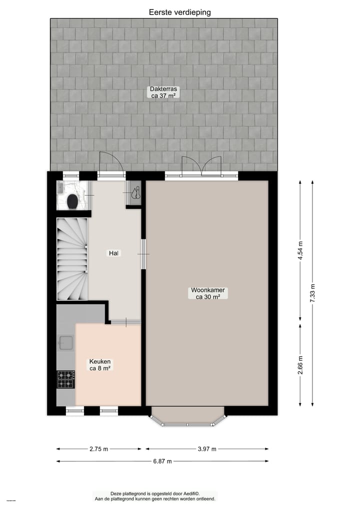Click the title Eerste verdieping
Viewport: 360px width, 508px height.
(179, 12)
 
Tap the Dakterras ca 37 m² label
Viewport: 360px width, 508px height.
(164, 93)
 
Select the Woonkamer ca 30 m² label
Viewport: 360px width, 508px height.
(208, 293)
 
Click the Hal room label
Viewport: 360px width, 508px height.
(114, 253)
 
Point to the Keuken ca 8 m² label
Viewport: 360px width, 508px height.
(100, 365)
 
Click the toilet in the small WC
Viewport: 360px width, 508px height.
(72, 201)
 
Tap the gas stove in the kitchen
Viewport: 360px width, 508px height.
(65, 379)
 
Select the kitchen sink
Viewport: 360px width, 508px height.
(66, 343)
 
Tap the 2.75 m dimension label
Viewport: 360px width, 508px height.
(99, 449)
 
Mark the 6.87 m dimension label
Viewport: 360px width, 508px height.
(162, 462)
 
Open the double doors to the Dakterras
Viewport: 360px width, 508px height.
(201, 167)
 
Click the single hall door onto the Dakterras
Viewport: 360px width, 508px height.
(111, 165)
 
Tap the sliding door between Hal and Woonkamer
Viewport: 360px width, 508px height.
(143, 254)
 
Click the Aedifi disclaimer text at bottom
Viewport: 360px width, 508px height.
(155, 496)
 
